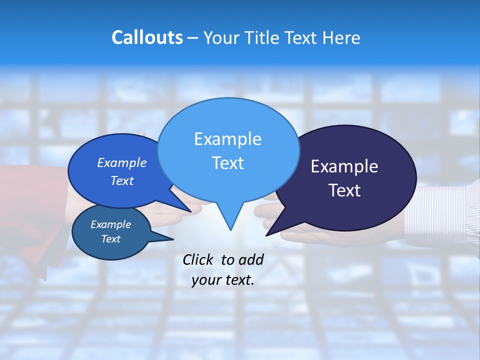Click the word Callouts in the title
point(147,38)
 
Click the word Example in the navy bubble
point(344,166)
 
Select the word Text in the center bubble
point(228,163)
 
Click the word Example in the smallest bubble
point(111,224)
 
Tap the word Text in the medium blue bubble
point(122,180)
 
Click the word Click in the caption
point(198,259)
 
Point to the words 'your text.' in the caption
point(223,280)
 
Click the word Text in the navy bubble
point(344,190)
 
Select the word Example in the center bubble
point(228,139)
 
